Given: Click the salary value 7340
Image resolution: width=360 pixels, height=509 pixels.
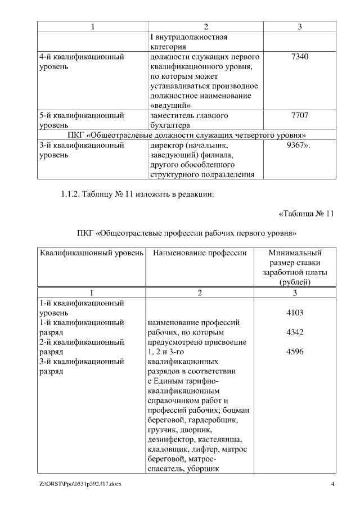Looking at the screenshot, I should click(301, 57).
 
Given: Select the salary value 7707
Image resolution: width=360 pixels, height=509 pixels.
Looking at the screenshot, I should click(301, 115).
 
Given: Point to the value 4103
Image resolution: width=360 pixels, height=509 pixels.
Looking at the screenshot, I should click(295, 313).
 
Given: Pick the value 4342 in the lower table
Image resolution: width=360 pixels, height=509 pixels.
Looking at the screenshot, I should click(295, 332).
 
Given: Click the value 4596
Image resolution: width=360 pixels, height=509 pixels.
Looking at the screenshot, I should click(295, 352).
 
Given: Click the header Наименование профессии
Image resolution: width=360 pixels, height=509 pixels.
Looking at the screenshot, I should click(199, 253).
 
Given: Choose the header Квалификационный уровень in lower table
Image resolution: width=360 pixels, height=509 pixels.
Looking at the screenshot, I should click(91, 253).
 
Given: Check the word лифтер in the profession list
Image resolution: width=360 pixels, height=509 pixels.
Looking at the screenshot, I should click(207, 449).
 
